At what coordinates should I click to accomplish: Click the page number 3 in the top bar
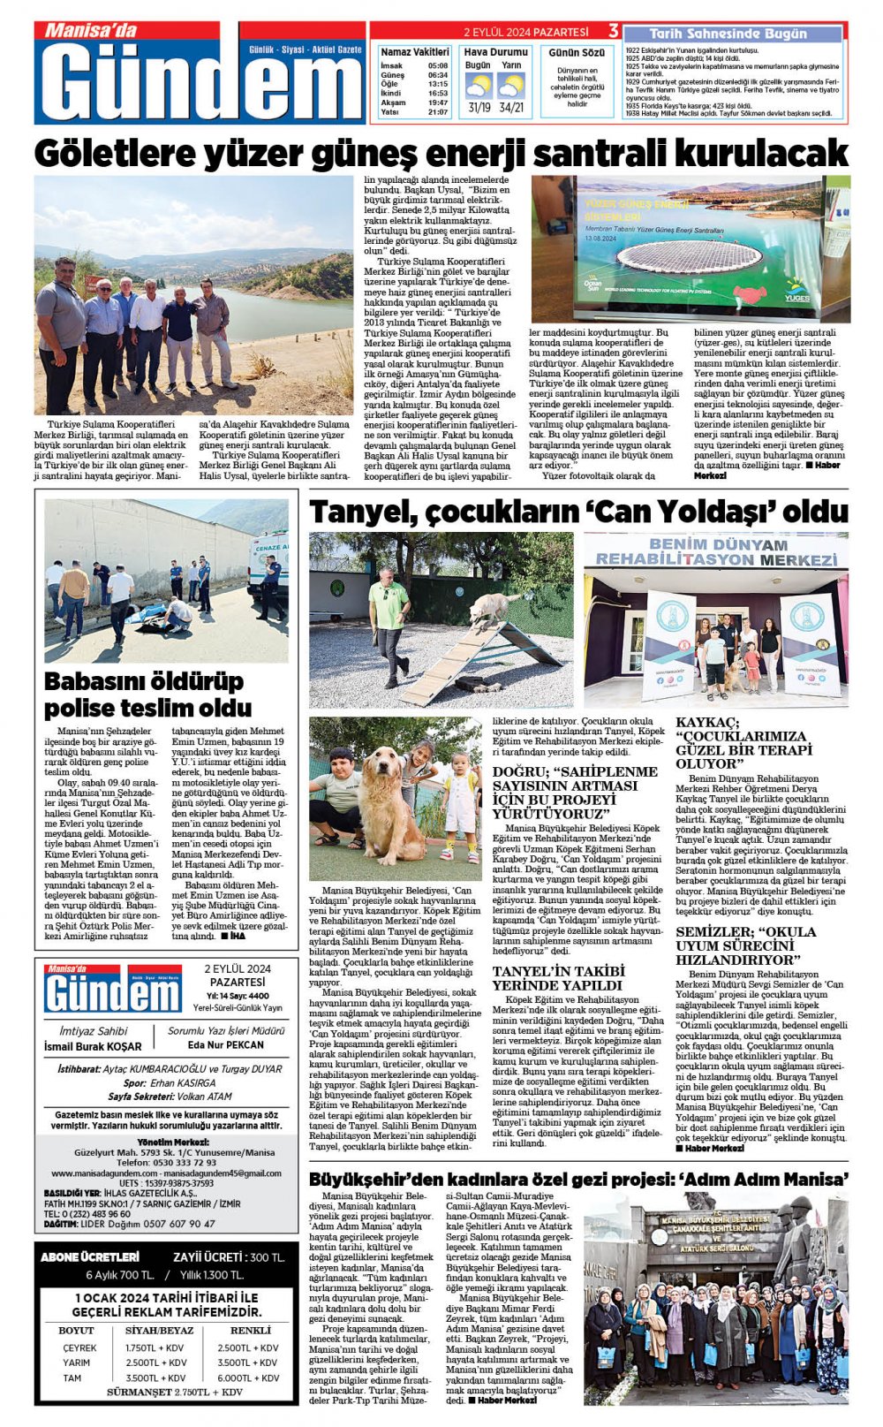613,31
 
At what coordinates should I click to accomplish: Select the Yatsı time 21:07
437,112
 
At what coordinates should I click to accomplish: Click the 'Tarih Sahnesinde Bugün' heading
728,34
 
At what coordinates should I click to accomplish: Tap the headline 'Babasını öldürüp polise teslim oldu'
148,695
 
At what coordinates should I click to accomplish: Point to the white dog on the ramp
493,607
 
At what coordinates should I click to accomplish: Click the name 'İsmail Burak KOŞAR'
93,1046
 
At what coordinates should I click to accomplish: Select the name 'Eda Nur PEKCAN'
226,1045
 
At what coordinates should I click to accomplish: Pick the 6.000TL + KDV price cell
248,1378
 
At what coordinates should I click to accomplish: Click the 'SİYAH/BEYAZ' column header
160,1330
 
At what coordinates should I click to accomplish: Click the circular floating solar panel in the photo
690,257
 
